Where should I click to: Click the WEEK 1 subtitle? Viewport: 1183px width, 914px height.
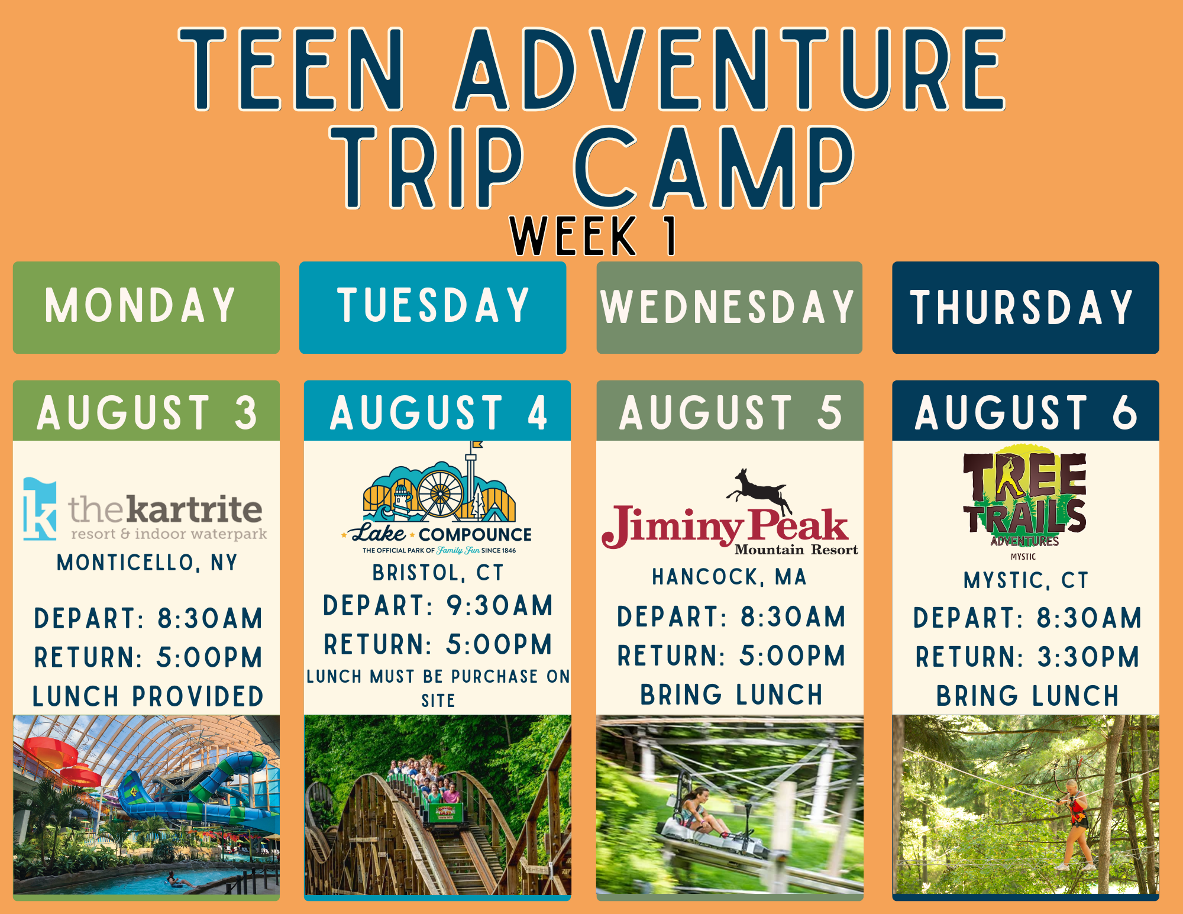[594, 235]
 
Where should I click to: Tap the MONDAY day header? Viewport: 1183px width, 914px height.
[146, 308]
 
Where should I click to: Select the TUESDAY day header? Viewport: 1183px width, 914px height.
[432, 308]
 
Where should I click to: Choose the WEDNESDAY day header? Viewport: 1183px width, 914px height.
[729, 308]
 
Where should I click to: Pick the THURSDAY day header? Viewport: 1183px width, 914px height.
[1026, 308]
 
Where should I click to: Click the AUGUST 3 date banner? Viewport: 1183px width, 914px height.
[146, 411]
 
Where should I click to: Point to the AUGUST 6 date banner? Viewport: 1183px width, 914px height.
[1026, 411]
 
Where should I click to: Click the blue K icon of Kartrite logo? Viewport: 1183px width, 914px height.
[40, 509]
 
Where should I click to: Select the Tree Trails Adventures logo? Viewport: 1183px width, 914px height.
[1025, 502]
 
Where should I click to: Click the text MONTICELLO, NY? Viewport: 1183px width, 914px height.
[147, 563]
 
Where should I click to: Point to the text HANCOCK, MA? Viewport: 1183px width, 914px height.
[729, 577]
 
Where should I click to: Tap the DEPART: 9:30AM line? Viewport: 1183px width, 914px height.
[438, 606]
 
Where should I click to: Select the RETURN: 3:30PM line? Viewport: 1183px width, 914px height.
[1027, 657]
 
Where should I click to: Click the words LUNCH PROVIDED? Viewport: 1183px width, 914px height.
[147, 696]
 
